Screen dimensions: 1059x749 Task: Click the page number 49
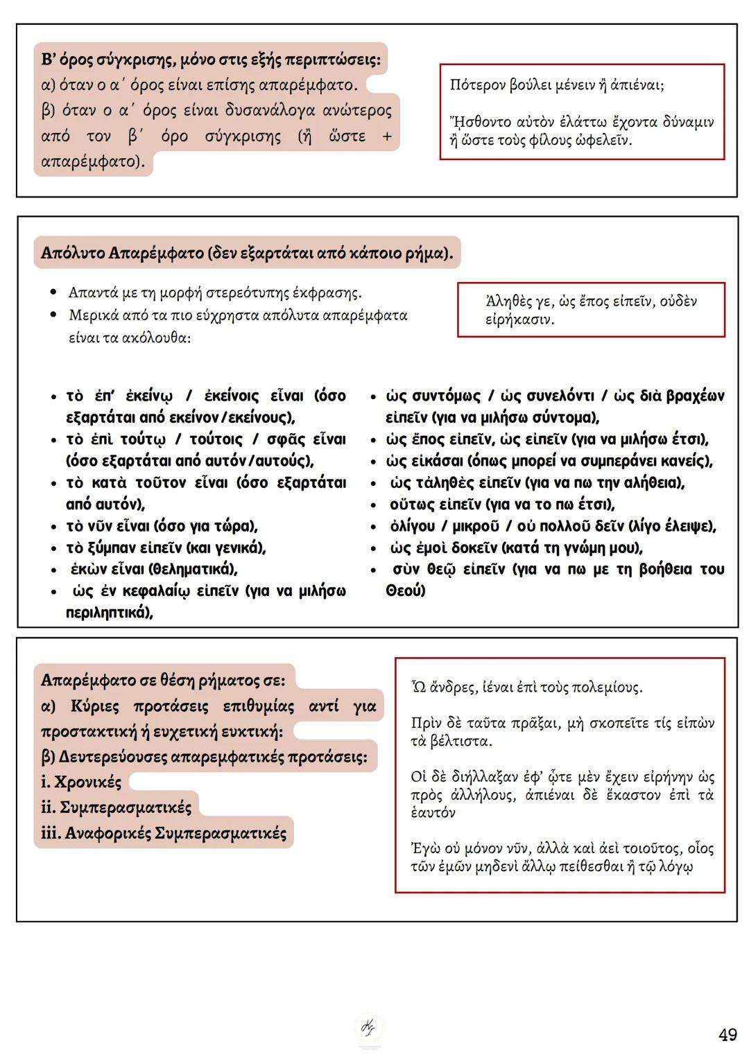728,1035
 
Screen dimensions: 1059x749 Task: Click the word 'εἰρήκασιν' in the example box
519,320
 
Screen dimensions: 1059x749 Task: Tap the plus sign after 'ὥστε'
387,137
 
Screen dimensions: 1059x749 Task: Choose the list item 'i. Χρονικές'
81,782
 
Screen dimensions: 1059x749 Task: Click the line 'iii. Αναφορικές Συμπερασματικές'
164,833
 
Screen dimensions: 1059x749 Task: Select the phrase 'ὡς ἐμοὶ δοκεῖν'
444,548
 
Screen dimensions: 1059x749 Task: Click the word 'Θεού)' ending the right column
406,591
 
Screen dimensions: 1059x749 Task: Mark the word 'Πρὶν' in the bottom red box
426,724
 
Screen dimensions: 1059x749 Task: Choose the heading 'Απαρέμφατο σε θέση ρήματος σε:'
162,680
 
